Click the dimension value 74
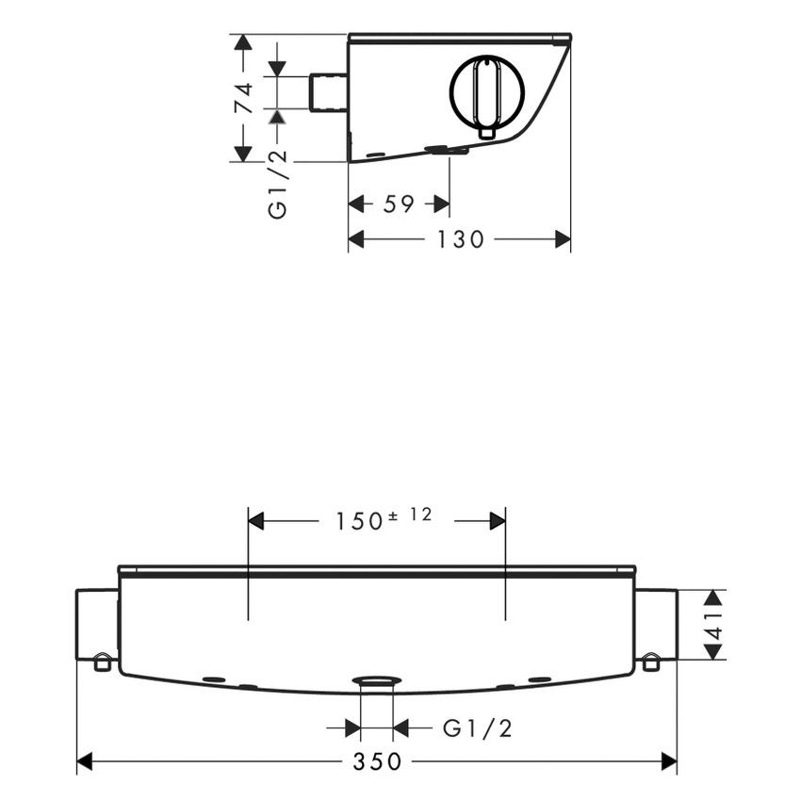tap(243, 98)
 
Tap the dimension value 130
tap(460, 239)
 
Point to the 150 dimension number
tap(358, 520)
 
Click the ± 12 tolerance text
tap(410, 515)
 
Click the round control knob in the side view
tap(486, 91)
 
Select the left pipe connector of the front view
tap(96, 624)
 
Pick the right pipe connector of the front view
tap(656, 624)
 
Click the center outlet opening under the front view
tap(377, 681)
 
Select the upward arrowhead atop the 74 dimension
tap(243, 43)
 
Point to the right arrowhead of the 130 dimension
tap(563, 239)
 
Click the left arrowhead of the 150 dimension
tap(255, 520)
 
